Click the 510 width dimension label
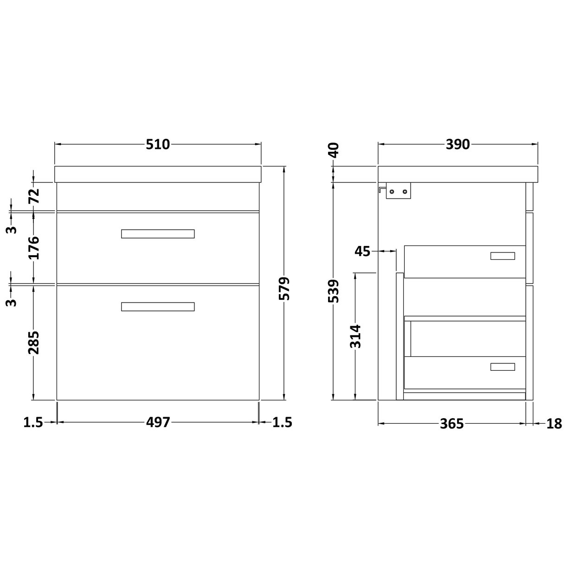coord(158,144)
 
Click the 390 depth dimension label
coord(458,144)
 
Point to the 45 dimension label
coord(362,252)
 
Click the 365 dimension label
coord(452,424)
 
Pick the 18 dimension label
coord(554,424)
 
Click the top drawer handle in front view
coord(158,234)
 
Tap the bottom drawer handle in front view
coord(158,307)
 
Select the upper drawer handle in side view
coord(503,256)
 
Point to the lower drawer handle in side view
coord(503,367)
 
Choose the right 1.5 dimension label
coord(282,423)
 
